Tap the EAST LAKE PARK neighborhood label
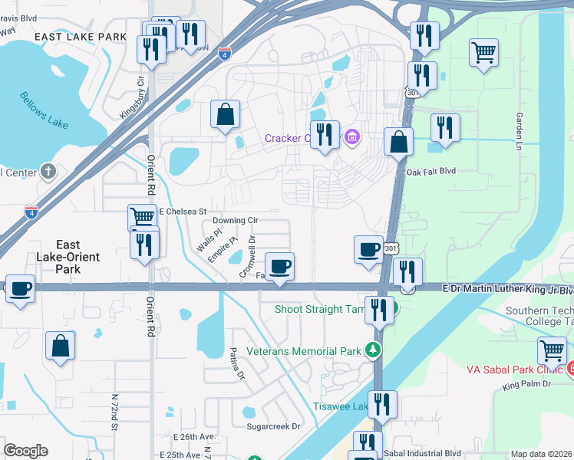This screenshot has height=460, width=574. pos(81,36)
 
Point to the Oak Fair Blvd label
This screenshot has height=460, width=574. pos(430,172)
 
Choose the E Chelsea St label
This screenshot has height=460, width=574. pos(183,211)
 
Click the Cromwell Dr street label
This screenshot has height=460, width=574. pos(246,255)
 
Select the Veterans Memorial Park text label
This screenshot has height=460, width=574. pos(303,351)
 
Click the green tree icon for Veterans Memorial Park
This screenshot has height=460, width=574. pos(374,350)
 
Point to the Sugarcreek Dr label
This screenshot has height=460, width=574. pos(272,426)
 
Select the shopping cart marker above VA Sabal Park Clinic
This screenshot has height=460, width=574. pos(552,350)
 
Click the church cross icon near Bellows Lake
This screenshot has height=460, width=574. pos(48,171)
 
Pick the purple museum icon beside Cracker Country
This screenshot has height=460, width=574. pos(352,138)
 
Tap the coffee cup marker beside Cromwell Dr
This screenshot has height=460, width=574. pos(279,266)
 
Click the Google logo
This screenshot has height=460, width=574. pos(25,451)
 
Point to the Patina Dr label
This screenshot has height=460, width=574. pos(235,366)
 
